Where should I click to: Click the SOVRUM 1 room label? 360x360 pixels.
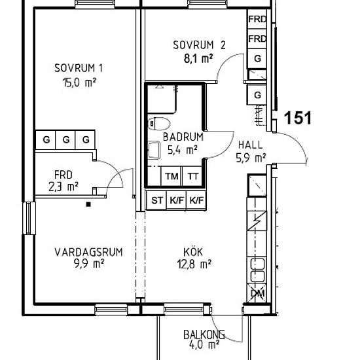[79, 67]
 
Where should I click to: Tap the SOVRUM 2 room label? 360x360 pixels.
[199, 45]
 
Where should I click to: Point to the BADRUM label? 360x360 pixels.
[183, 137]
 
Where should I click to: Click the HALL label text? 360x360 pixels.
[251, 145]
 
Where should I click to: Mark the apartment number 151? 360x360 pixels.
[297, 118]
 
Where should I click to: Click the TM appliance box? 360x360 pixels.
[171, 176]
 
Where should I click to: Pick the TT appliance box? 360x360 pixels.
[192, 176]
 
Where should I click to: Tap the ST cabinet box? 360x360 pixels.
[156, 201]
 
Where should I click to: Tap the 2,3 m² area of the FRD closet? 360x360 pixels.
[63, 187]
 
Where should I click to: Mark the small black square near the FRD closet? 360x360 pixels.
[88, 204]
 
